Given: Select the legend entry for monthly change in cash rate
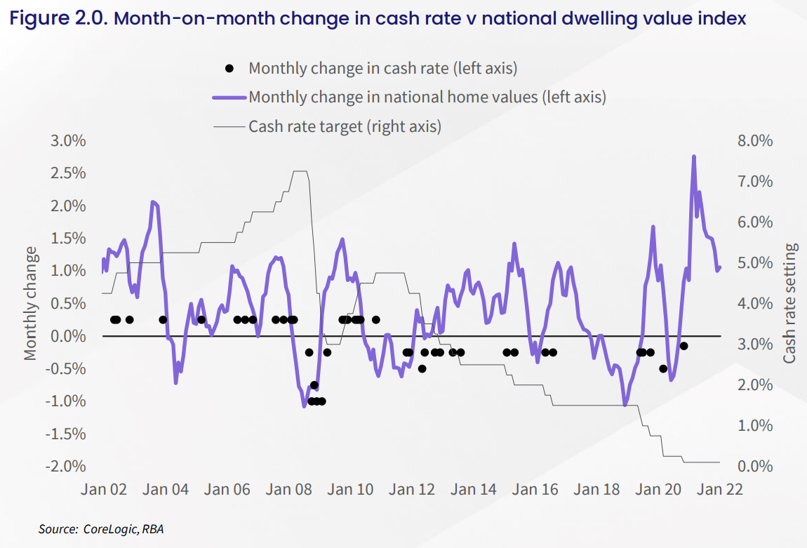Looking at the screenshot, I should (x=382, y=68).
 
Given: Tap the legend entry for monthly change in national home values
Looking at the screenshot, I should (x=427, y=97).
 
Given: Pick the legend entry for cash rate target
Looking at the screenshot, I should (x=345, y=126).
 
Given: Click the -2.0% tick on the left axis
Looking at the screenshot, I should (x=66, y=467).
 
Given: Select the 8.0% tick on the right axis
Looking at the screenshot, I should (x=755, y=141).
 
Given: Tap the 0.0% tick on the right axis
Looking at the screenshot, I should (x=755, y=467).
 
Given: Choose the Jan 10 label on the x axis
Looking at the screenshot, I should (x=351, y=490).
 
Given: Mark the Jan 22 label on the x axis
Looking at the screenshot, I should (x=719, y=490).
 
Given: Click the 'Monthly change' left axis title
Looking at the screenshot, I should (x=30, y=303).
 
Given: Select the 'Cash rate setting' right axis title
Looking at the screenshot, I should (x=790, y=303).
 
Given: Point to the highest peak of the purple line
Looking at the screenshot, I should (x=693, y=156).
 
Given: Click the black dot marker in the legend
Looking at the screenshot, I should (x=229, y=68).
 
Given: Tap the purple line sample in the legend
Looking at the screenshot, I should (x=230, y=97).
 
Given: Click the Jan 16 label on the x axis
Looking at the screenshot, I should (x=535, y=490).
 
